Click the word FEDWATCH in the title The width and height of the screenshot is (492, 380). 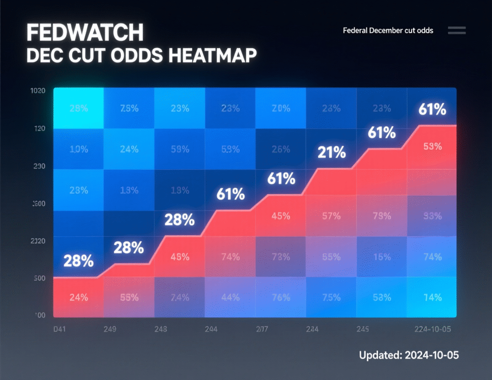(x=85, y=33)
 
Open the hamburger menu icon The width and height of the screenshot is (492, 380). (x=456, y=30)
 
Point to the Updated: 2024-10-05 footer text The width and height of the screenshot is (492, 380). (x=409, y=356)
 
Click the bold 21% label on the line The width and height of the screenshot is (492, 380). (x=332, y=153)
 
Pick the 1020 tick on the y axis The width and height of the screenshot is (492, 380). (x=37, y=91)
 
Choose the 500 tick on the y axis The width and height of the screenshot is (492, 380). (x=38, y=278)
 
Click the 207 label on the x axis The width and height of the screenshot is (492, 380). (x=262, y=329)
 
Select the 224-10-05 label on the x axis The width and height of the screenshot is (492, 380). (x=434, y=329)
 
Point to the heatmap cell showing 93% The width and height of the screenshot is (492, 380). (x=432, y=216)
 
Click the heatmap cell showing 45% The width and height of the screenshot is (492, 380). (x=281, y=216)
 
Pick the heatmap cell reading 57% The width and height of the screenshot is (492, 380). (x=332, y=216)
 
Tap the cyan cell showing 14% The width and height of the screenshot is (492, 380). (x=432, y=298)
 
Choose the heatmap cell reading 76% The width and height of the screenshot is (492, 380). (x=281, y=298)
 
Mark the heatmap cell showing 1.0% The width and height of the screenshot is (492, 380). (x=78, y=149)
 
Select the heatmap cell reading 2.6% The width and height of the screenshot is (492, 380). (x=281, y=149)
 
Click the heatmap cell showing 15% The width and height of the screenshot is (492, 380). (x=382, y=257)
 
